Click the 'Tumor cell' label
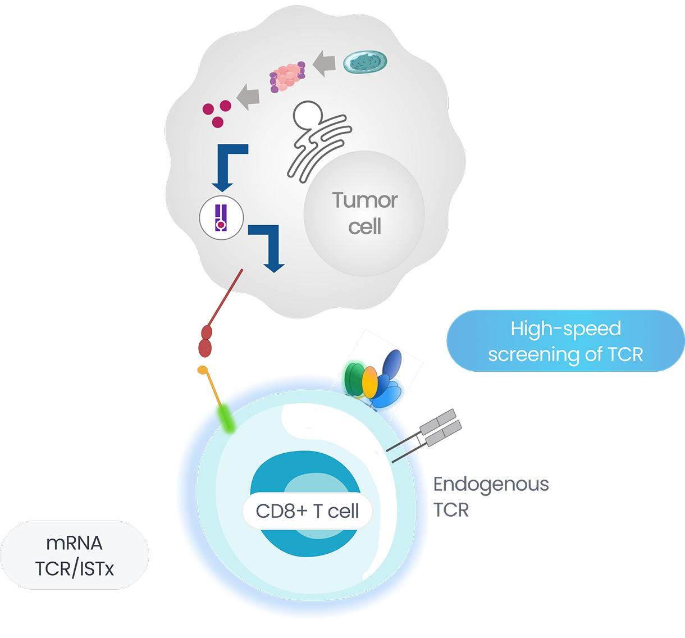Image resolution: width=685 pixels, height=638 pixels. [364, 213]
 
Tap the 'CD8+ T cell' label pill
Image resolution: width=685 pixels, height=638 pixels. [307, 511]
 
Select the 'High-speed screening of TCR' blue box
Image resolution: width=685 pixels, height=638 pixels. [565, 341]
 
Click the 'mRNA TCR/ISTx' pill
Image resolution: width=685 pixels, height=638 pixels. [74, 555]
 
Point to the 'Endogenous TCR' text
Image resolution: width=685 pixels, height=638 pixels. [490, 496]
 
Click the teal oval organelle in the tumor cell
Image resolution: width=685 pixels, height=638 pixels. [365, 62]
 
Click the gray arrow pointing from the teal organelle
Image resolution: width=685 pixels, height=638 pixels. [325, 63]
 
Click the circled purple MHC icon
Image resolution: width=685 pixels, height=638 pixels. [221, 218]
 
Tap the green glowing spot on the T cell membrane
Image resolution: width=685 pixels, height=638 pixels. [227, 417]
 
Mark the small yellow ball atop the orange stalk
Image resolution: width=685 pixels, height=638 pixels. [202, 370]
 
